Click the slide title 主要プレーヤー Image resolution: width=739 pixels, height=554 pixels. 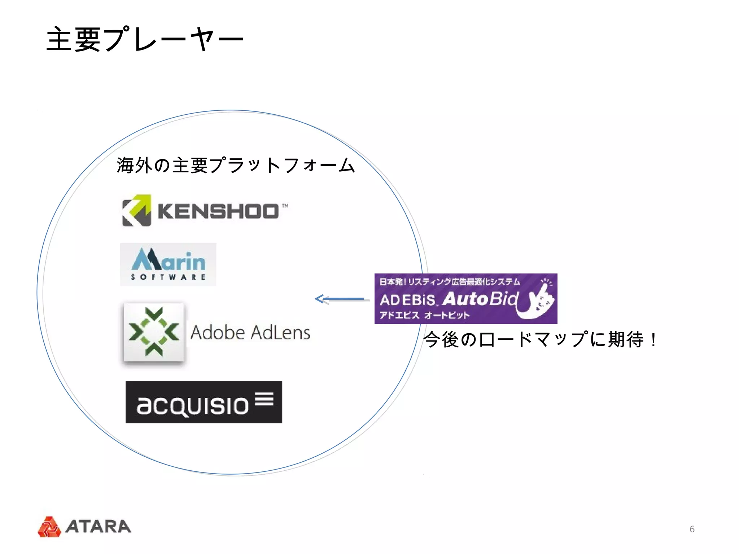[x=145, y=39]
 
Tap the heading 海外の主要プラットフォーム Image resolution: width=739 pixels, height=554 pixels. [x=236, y=166]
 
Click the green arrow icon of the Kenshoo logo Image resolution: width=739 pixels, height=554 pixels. [x=136, y=211]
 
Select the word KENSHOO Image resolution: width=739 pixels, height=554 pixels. [x=218, y=211]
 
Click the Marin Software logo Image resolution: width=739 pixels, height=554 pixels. [x=168, y=264]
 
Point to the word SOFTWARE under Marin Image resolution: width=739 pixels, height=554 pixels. [x=168, y=277]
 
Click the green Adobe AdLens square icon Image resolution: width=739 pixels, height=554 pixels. [x=154, y=332]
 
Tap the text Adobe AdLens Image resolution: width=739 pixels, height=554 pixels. [x=250, y=333]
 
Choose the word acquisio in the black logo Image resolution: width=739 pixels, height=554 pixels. [x=193, y=405]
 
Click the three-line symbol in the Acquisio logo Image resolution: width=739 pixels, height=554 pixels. [x=264, y=399]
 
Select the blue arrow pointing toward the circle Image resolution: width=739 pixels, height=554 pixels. [x=341, y=299]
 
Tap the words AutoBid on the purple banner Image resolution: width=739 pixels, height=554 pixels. [x=480, y=299]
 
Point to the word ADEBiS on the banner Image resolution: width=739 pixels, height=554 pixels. [x=408, y=300]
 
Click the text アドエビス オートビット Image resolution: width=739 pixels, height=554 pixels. [x=424, y=315]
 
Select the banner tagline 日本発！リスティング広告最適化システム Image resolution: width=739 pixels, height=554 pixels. [x=450, y=282]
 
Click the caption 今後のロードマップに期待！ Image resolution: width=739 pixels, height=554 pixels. [x=540, y=340]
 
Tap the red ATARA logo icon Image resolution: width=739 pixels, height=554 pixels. [x=49, y=527]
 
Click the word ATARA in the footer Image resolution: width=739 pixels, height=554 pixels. [x=98, y=527]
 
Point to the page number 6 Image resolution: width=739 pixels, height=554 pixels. [x=692, y=529]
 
